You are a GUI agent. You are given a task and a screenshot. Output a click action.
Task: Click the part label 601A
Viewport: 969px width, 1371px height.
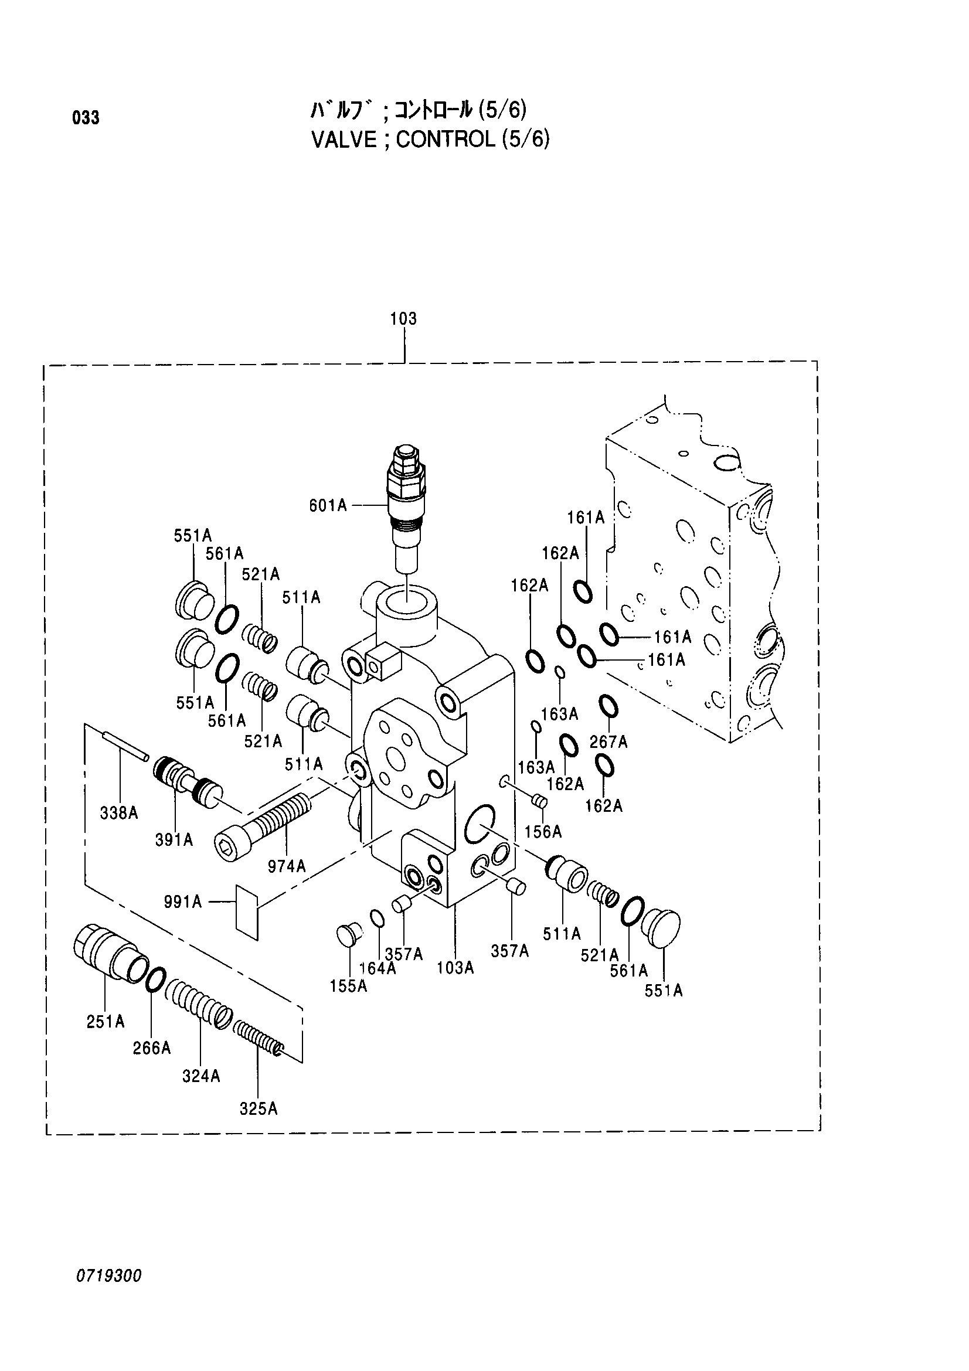point(328,506)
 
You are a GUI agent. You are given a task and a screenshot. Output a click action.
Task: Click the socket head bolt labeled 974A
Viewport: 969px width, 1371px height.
point(263,826)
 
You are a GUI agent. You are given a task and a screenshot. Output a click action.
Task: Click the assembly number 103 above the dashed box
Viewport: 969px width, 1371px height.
point(403,319)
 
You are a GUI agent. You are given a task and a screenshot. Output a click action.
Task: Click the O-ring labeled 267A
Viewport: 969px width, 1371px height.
point(608,707)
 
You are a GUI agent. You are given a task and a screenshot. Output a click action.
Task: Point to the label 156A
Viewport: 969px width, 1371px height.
point(543,831)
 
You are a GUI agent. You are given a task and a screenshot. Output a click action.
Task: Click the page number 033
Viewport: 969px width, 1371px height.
point(86,118)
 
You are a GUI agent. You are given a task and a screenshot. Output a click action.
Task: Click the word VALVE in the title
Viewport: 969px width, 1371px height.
point(344,140)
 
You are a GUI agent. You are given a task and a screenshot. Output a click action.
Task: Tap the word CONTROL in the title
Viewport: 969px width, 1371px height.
point(446,140)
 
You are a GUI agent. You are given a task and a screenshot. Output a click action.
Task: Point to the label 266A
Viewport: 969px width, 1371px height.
point(152,1048)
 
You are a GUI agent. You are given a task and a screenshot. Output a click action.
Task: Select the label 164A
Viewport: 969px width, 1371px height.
point(378,968)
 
